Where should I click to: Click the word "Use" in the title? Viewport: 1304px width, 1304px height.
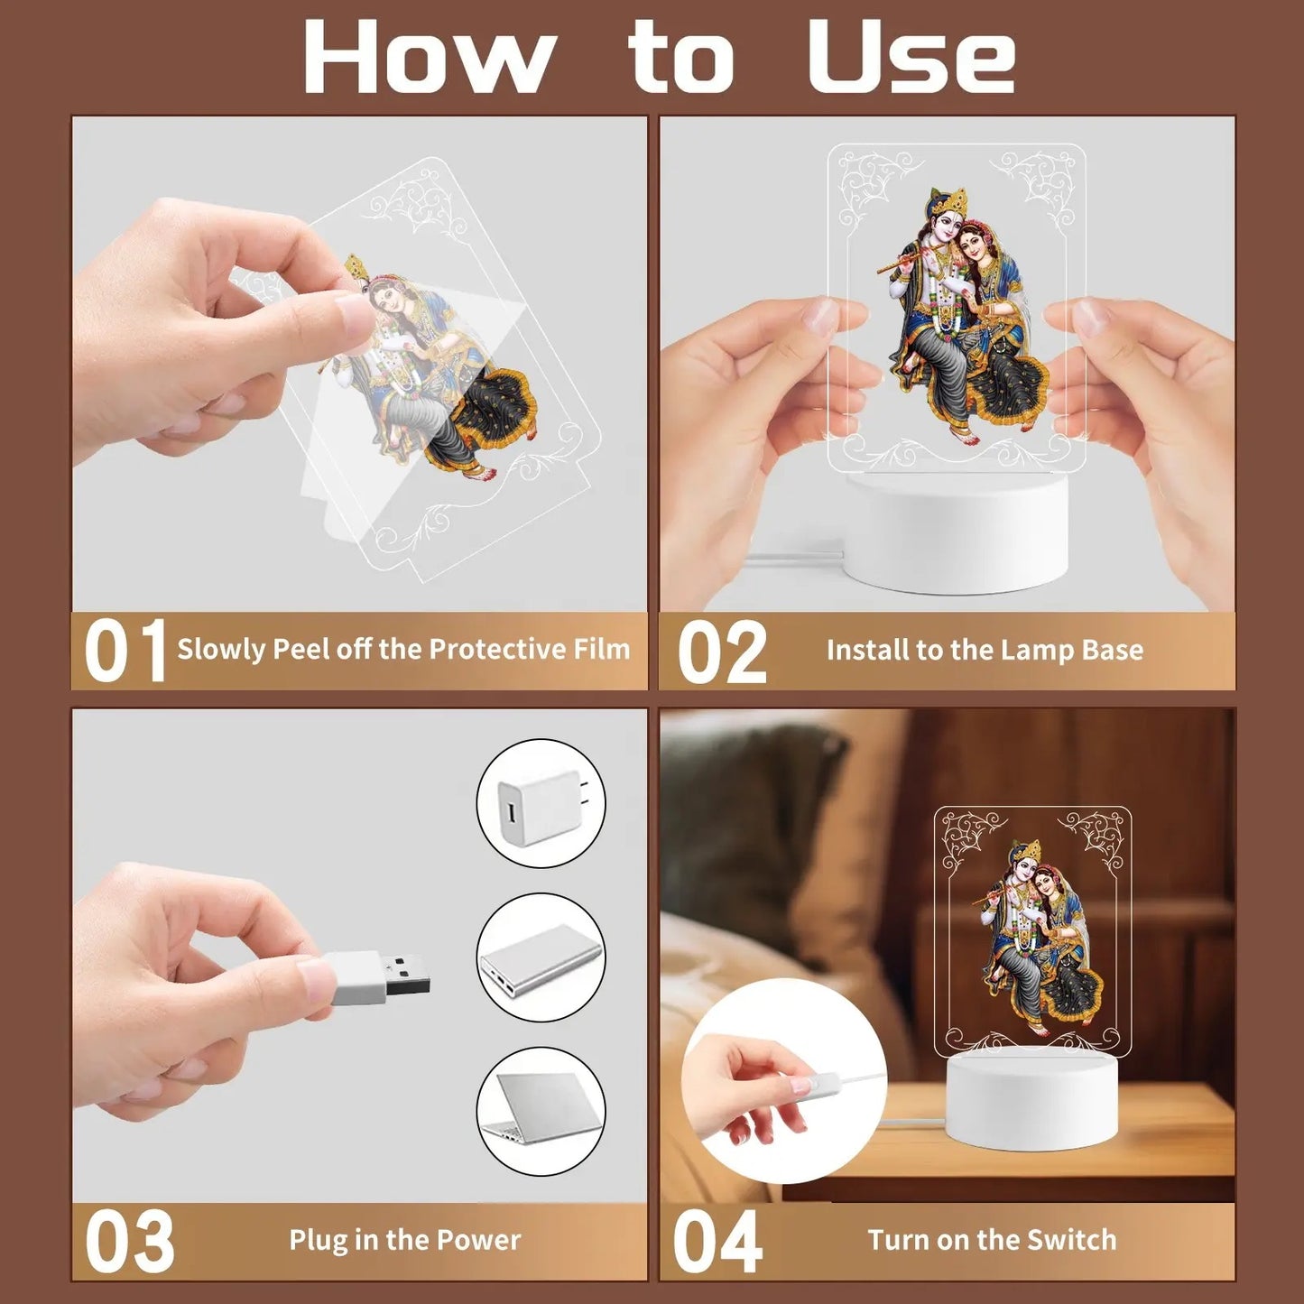click(x=911, y=57)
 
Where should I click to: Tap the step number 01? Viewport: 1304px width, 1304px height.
click(x=125, y=651)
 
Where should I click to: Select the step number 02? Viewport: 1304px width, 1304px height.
click(x=722, y=652)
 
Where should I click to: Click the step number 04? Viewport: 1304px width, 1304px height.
click(x=718, y=1241)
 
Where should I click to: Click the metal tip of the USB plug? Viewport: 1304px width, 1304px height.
click(x=407, y=974)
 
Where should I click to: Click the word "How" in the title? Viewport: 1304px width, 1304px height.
click(x=426, y=57)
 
